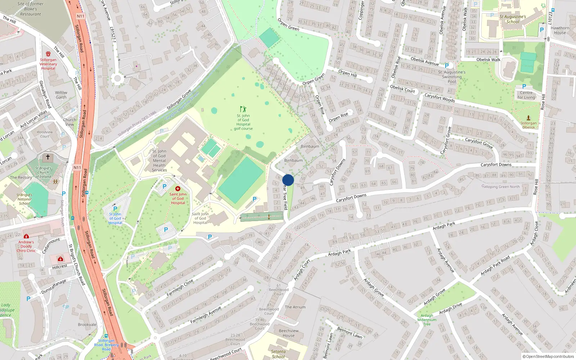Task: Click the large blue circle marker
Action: pos(288,180)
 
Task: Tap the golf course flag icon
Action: pos(243,109)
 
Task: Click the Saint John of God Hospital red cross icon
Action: pos(177,189)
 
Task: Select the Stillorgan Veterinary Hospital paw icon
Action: pos(48,54)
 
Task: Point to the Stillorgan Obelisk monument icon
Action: pos(528,118)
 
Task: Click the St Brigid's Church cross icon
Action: pos(48,157)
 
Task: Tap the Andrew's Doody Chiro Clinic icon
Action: pos(26,237)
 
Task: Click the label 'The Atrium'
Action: pos(295,307)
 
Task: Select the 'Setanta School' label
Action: pos(278,354)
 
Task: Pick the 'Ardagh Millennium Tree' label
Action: pos(427,320)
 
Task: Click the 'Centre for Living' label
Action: pos(526,95)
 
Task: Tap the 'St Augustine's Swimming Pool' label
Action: pos(452,77)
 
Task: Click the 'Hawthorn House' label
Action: pos(560,30)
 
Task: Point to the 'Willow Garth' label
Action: pos(61,95)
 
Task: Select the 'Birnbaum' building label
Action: pos(310,147)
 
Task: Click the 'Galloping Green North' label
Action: pos(500,186)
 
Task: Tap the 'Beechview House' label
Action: pos(288,333)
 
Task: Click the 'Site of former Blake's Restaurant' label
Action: pos(31,9)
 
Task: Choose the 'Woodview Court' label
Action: pos(45,134)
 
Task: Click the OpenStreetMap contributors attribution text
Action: pos(548,357)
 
